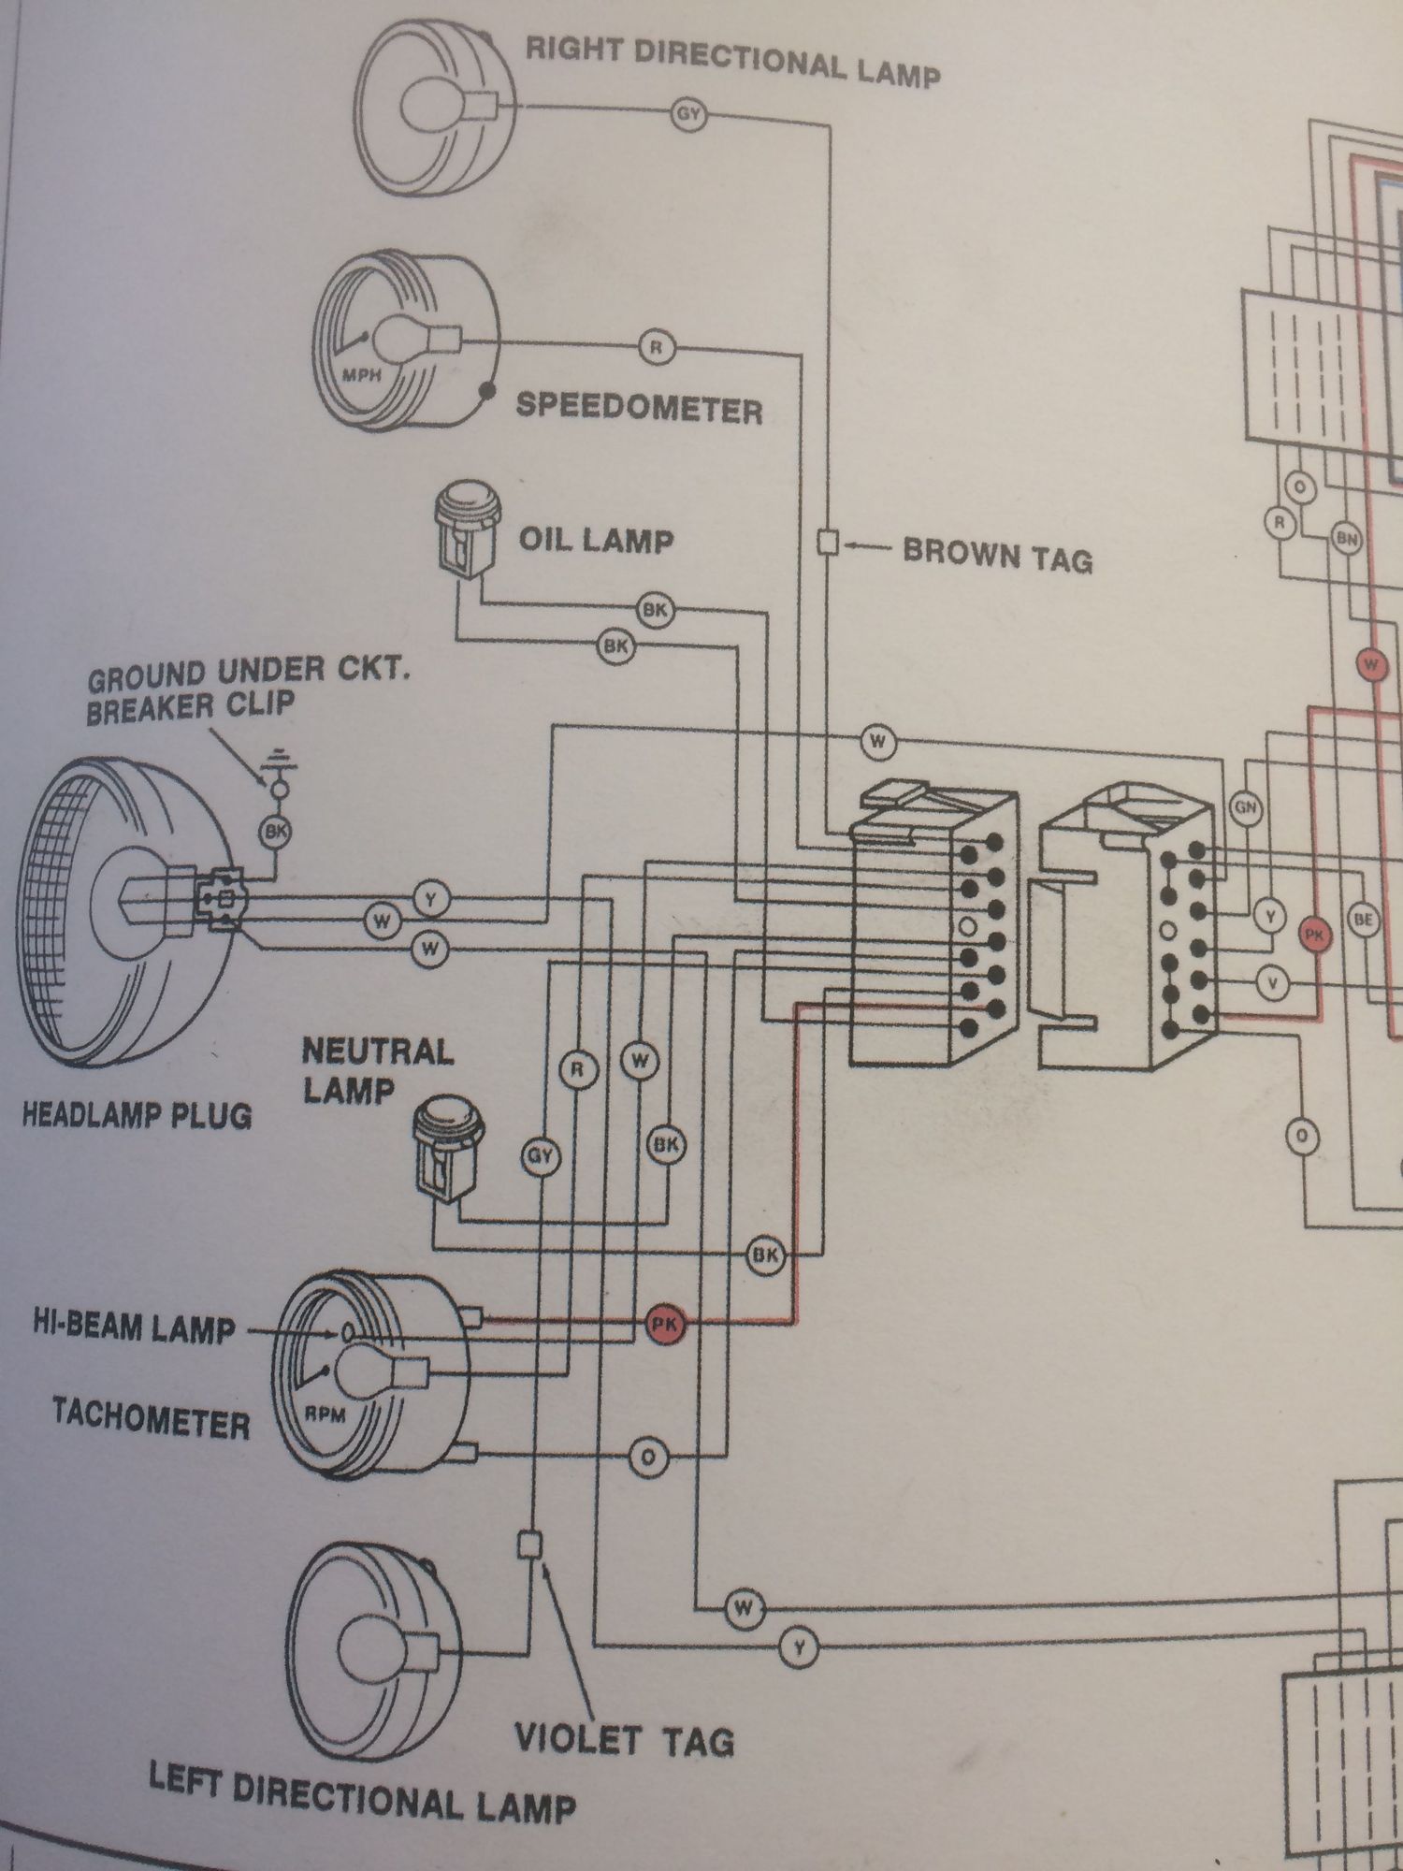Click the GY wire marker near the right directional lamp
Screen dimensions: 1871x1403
(x=688, y=116)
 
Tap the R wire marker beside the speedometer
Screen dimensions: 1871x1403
(x=656, y=348)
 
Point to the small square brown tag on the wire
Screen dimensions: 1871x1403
(x=828, y=542)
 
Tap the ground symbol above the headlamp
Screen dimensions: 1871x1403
(x=277, y=760)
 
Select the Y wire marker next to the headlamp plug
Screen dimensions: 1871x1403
(x=431, y=900)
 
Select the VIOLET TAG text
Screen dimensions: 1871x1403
(x=625, y=1739)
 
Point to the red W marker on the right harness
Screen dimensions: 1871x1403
(x=1371, y=665)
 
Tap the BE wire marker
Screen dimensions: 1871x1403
(x=1364, y=921)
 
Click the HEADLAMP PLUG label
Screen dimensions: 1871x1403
(x=137, y=1115)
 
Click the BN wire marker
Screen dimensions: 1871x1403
(x=1347, y=539)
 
